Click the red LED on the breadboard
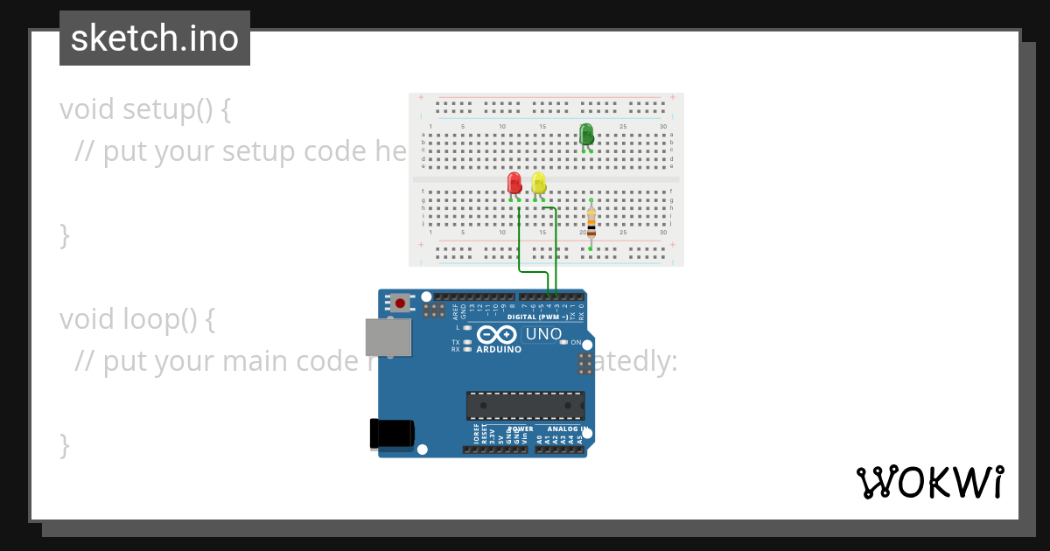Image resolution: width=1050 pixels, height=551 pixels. coord(514,183)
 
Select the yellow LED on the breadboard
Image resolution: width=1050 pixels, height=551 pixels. coord(539,183)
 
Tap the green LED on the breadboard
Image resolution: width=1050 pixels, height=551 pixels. coord(586,134)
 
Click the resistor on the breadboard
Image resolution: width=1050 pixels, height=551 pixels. coord(591,223)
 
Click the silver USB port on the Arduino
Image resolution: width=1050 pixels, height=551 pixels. coord(388,337)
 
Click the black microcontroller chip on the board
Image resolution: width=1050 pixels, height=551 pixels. coord(525,406)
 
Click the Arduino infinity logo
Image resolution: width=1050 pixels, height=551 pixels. coord(497,335)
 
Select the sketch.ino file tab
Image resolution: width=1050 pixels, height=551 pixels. coord(155,38)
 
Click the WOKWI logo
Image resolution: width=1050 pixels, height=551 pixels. coord(929,483)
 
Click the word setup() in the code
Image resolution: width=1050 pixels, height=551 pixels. coord(167,109)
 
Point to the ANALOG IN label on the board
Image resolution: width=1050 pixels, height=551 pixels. coord(566,429)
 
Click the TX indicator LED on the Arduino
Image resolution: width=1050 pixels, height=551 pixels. coord(468,342)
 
